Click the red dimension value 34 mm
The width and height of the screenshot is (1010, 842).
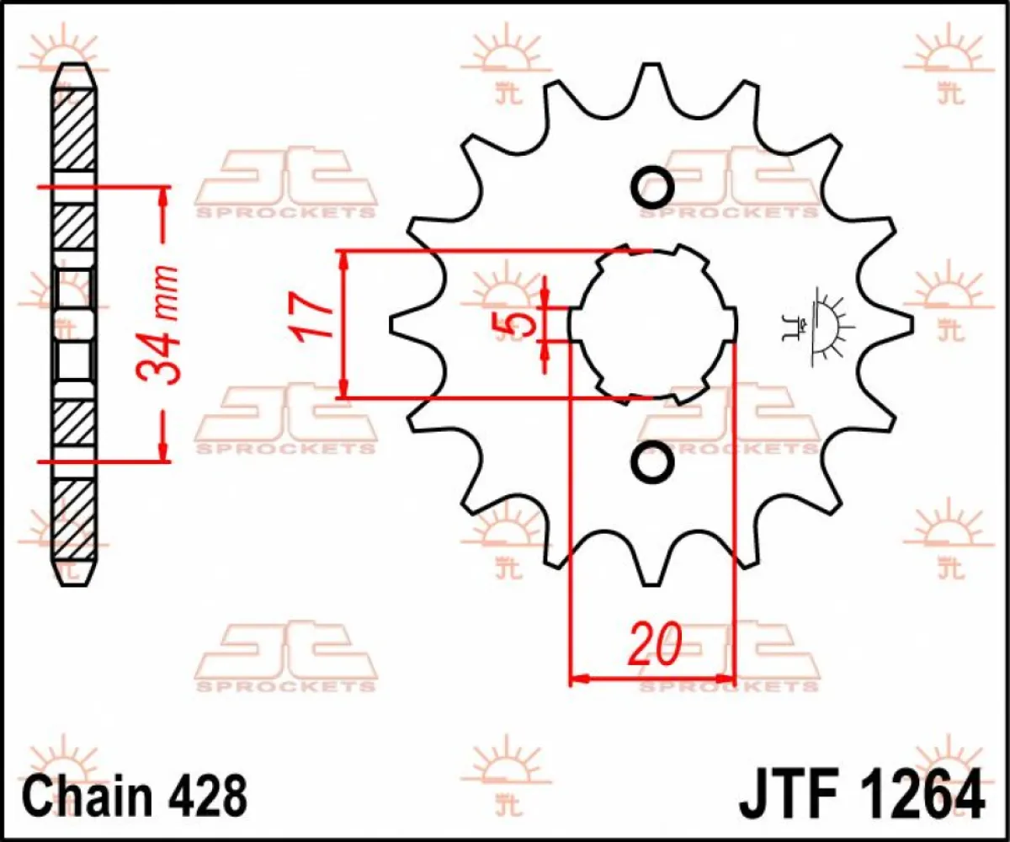pyautogui.click(x=161, y=324)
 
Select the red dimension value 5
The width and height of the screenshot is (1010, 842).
pyautogui.click(x=519, y=324)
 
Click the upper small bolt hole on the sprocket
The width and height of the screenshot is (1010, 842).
pyautogui.click(x=652, y=187)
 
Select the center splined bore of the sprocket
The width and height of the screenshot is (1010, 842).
pyautogui.click(x=652, y=324)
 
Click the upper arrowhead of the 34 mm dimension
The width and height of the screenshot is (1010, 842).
pyautogui.click(x=162, y=195)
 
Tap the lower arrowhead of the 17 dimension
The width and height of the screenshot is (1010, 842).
pyautogui.click(x=343, y=388)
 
